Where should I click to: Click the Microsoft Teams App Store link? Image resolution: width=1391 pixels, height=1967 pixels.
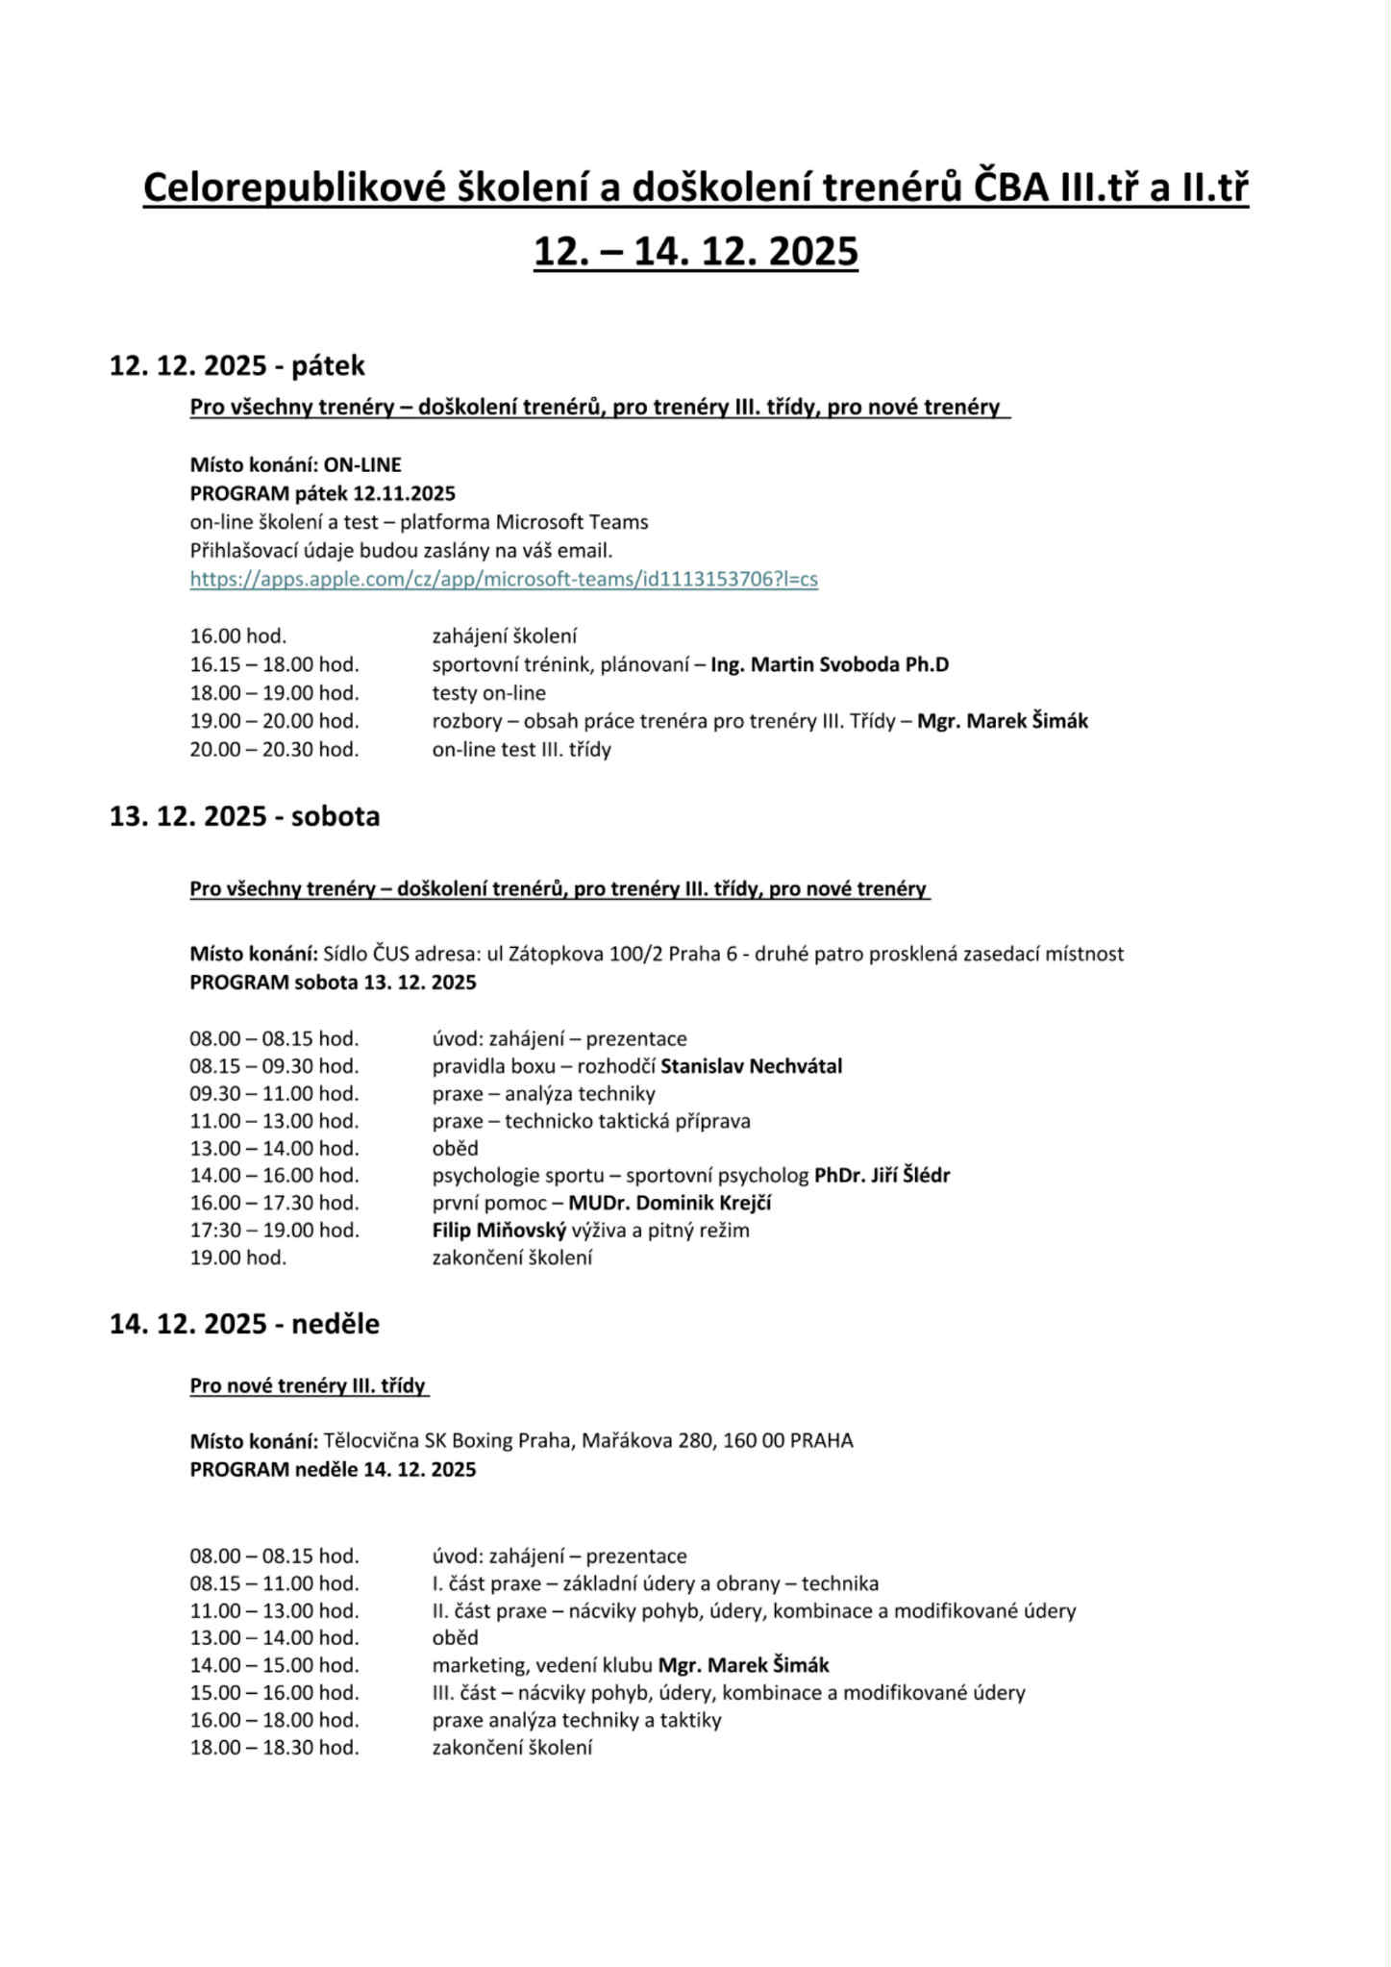tap(504, 579)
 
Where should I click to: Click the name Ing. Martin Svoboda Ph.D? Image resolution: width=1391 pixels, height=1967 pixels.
tap(830, 664)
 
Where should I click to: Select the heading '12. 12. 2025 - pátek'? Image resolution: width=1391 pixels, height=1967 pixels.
tap(237, 366)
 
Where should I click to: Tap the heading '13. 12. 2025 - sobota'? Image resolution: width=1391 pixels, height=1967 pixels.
tap(244, 816)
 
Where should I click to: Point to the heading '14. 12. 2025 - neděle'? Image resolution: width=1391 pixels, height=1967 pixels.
tap(244, 1324)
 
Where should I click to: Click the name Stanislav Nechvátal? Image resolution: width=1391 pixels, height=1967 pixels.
tap(751, 1066)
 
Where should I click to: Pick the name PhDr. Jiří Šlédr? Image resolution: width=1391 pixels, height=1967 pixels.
tap(882, 1175)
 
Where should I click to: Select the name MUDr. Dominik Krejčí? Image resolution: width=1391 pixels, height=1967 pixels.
tap(669, 1203)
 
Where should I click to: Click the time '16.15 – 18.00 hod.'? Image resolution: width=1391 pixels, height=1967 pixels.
tap(274, 664)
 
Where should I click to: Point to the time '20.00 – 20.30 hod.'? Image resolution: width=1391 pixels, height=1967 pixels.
tap(274, 749)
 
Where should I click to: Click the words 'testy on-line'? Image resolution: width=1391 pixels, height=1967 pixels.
tap(488, 693)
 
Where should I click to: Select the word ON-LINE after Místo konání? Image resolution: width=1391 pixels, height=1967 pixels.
tap(362, 465)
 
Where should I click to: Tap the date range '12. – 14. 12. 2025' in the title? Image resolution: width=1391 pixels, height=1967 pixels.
tap(696, 252)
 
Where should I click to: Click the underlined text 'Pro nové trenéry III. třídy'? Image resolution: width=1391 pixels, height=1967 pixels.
tap(308, 1385)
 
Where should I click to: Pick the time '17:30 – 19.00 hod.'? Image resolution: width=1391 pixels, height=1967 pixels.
tap(274, 1230)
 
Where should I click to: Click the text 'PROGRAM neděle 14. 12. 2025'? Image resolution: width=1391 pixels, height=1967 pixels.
tap(333, 1469)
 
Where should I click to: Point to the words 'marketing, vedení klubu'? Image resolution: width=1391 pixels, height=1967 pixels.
tap(542, 1665)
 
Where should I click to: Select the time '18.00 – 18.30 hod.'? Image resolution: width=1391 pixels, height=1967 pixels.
tap(274, 1747)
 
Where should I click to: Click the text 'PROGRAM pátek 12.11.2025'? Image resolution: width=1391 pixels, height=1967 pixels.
tap(322, 494)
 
